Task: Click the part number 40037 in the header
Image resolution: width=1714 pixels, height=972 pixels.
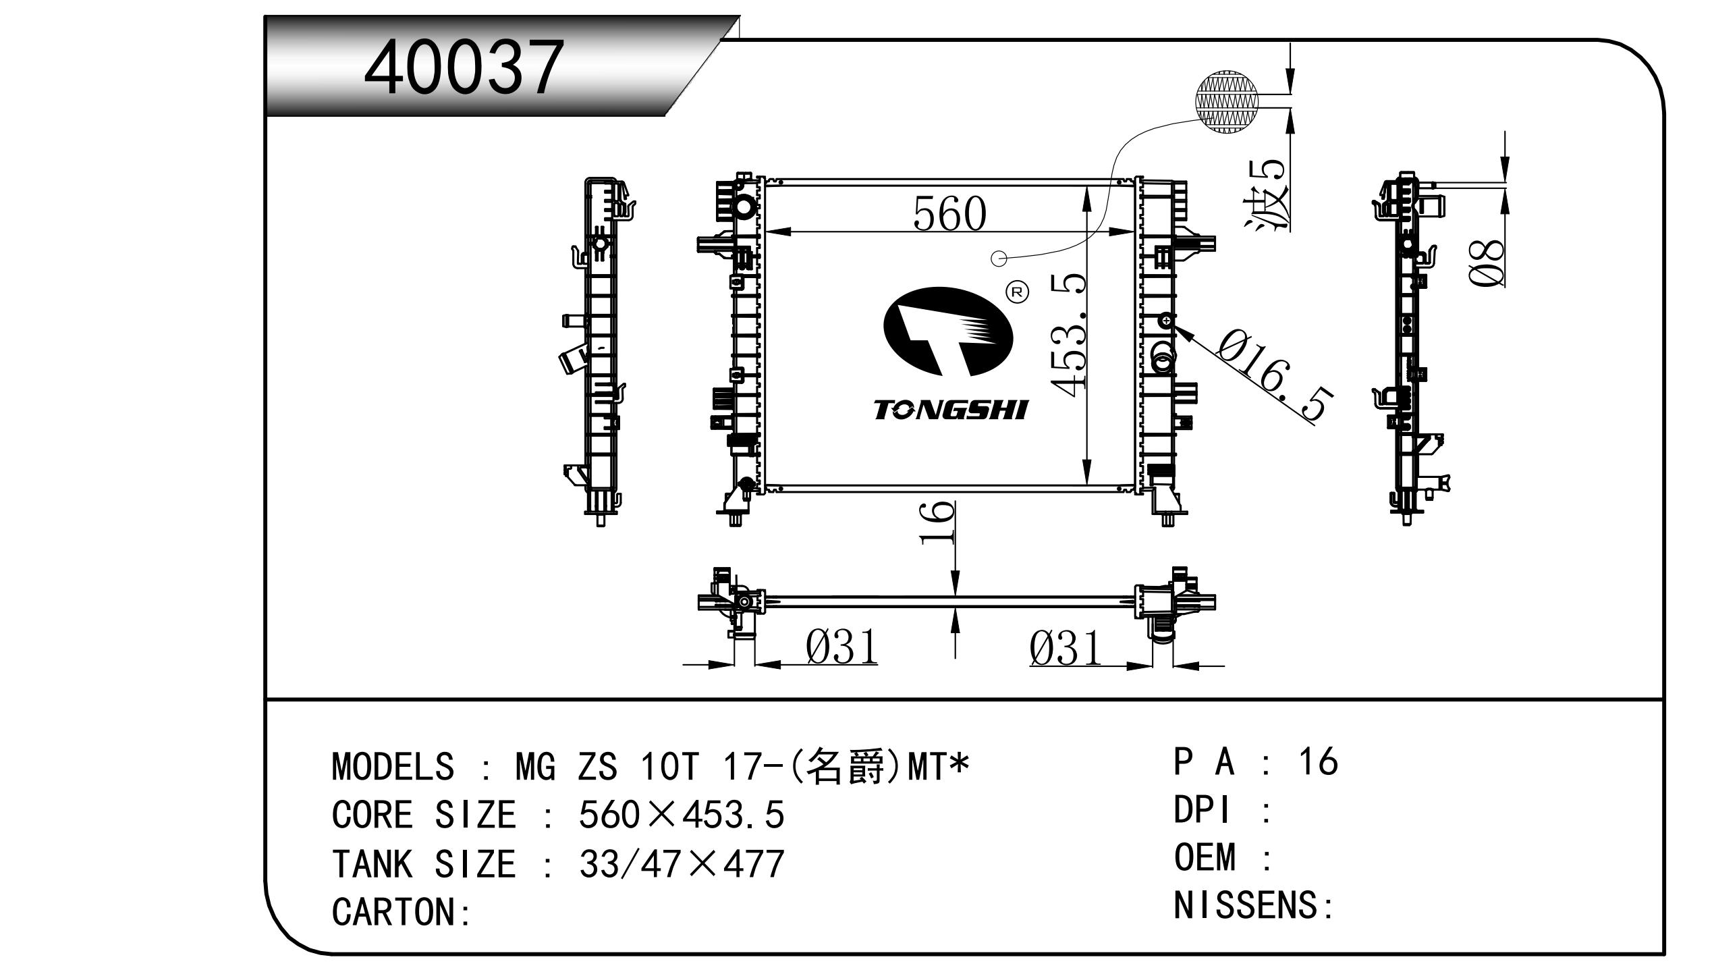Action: point(463,67)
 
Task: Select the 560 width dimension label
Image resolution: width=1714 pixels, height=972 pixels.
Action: point(949,213)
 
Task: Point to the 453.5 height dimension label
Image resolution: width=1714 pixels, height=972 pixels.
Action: point(1069,334)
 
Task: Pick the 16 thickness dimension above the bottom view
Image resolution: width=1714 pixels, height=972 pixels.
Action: point(937,522)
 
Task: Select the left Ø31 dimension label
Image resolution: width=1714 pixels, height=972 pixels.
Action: point(842,646)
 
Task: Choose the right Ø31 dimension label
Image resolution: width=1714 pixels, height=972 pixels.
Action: point(1065,649)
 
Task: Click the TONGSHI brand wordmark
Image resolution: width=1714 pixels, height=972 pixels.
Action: point(951,410)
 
